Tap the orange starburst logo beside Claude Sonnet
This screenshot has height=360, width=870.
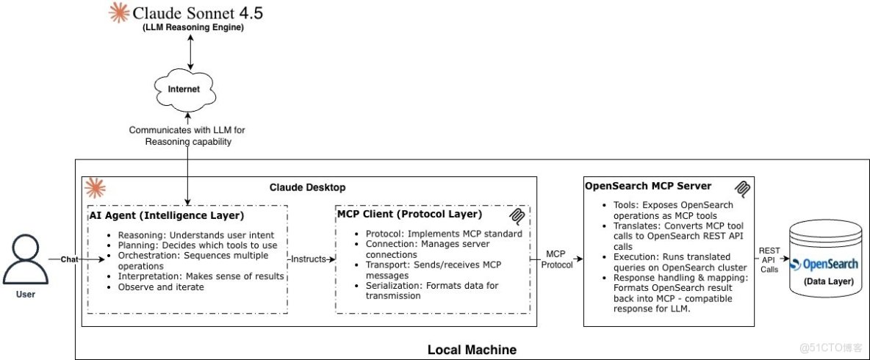pos(117,12)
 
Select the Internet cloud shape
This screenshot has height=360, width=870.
pos(184,89)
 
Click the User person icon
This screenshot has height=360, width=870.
pos(25,261)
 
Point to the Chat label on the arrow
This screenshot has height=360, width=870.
pos(69,259)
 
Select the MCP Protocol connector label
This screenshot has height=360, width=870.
pos(556,259)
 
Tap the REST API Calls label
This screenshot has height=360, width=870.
pos(769,259)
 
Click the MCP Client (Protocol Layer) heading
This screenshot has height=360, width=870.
pos(409,215)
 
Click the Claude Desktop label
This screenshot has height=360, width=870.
pos(307,187)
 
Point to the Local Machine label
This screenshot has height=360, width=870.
pos(472,350)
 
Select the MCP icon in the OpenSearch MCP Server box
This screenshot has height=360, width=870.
pos(744,189)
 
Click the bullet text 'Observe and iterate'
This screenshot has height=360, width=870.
pos(160,287)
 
